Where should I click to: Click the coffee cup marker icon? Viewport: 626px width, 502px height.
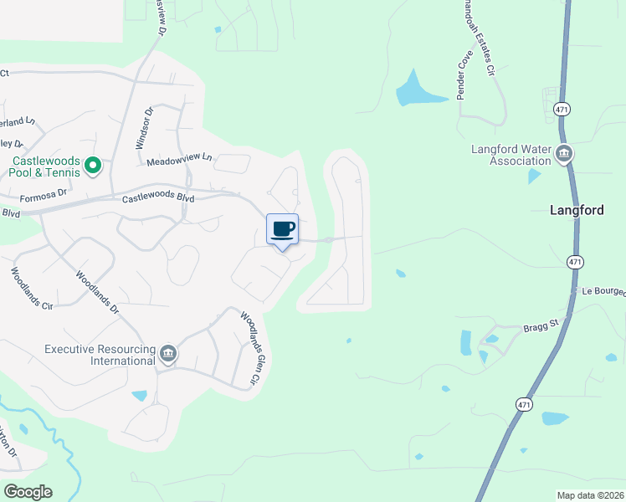click(283, 229)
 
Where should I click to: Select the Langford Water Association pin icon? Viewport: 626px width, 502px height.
click(564, 153)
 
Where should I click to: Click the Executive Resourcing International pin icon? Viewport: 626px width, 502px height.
click(168, 355)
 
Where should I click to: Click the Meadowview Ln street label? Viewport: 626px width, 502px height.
click(180, 159)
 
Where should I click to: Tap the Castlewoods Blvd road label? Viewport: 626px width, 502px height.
click(158, 198)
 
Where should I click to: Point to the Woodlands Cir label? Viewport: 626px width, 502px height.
click(32, 289)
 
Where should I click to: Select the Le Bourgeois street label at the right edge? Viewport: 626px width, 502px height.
click(603, 292)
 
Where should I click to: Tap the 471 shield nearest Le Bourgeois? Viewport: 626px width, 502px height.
click(574, 262)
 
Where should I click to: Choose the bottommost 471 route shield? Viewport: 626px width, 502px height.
click(523, 404)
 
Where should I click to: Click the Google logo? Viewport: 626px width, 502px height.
click(28, 492)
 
